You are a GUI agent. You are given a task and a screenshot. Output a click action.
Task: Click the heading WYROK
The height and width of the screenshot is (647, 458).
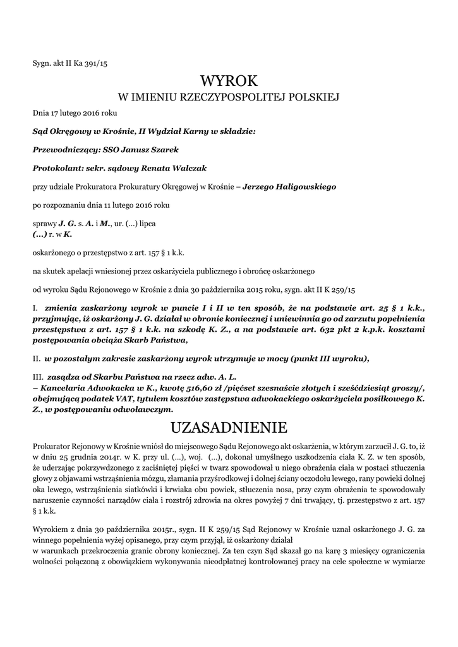229,81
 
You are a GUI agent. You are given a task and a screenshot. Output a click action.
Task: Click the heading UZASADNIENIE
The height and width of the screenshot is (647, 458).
229,428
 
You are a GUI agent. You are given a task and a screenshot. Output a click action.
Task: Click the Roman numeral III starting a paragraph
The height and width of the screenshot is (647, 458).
38,377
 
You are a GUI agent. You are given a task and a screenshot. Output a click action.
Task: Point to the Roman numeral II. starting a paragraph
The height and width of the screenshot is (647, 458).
37,358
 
